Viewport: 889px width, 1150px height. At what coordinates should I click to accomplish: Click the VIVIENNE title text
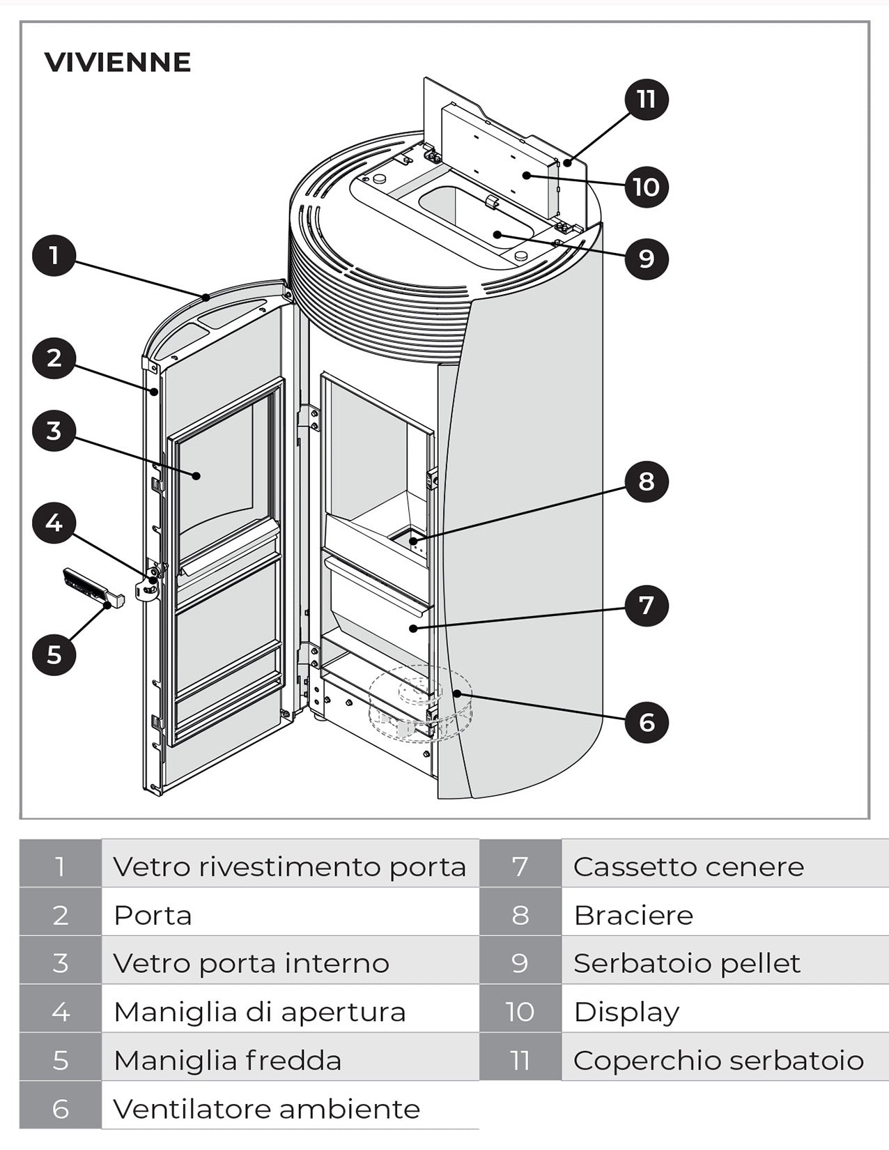[x=117, y=62]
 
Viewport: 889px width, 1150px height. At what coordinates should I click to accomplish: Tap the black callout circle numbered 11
[x=646, y=99]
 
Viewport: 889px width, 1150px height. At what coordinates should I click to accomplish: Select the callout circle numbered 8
[x=646, y=482]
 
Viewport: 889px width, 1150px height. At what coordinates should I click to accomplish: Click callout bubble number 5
[x=54, y=654]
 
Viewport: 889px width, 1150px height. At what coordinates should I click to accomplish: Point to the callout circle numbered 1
[x=54, y=256]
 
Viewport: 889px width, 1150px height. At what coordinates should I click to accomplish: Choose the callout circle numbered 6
[x=646, y=722]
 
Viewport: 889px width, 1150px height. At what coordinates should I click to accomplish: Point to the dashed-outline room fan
[x=420, y=704]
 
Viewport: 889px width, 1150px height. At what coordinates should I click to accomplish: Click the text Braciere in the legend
[x=633, y=915]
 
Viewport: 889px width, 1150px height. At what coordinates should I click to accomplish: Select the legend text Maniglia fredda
[x=227, y=1061]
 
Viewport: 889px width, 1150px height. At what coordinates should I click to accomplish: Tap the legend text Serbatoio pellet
[x=686, y=963]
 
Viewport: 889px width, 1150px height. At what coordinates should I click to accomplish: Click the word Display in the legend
[x=626, y=1012]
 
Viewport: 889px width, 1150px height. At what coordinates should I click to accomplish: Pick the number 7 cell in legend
[x=520, y=866]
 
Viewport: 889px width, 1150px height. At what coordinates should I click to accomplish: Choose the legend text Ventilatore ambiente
[x=266, y=1109]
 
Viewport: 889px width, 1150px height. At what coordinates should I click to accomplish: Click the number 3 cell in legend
[x=61, y=963]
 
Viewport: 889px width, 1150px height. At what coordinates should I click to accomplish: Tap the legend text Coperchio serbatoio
[x=718, y=1061]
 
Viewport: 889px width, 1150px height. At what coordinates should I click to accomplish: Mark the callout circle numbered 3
[x=54, y=430]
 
